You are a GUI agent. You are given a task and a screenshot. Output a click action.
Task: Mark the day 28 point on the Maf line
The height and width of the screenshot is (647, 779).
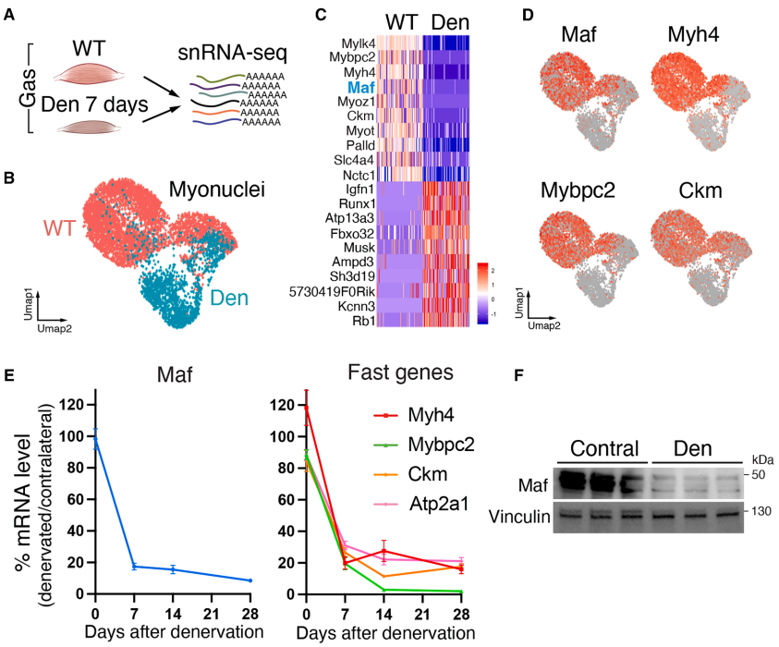tap(250, 580)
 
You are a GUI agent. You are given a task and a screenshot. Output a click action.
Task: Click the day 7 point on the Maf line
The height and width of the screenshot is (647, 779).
tap(134, 567)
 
